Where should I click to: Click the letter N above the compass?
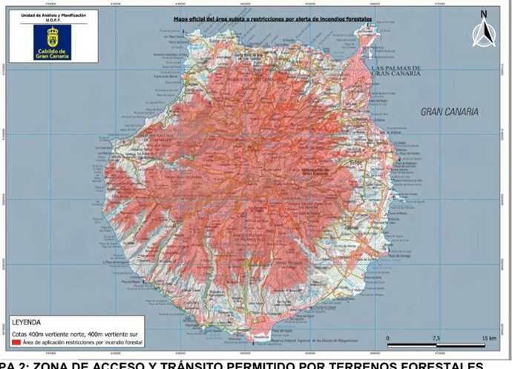click(x=483, y=13)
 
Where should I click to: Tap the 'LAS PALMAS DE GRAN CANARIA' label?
click(x=396, y=71)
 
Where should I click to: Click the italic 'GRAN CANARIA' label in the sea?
click(x=450, y=111)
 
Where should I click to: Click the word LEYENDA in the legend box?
click(x=27, y=324)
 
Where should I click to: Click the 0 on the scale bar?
click(x=387, y=338)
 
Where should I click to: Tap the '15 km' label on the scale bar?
click(x=488, y=338)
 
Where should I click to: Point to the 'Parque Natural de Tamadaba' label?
click(x=152, y=139)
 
